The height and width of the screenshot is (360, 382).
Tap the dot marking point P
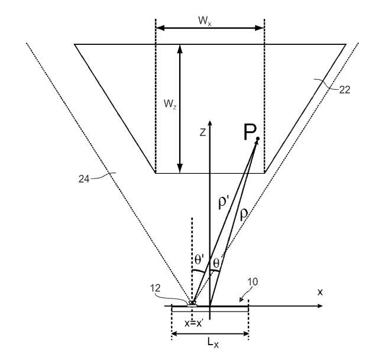(258, 139)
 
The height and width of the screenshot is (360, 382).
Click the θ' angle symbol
(199, 259)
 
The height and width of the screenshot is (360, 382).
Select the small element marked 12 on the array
(192, 304)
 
